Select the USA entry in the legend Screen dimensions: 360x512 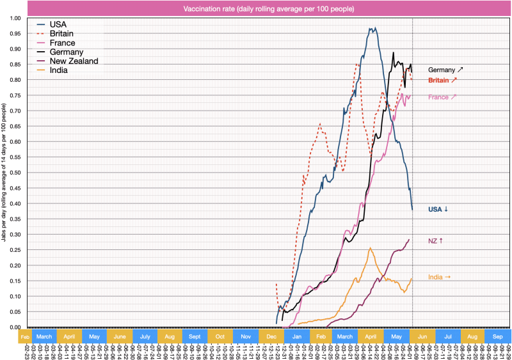coord(58,24)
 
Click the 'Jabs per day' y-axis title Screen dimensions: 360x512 coord(5,173)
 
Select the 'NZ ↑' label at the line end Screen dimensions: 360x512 coord(436,240)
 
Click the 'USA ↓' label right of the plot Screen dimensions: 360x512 coord(438,209)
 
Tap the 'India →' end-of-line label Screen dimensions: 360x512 coord(439,277)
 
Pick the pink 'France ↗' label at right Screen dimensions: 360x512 coord(442,97)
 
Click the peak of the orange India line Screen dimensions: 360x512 coord(370,248)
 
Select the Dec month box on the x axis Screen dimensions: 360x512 coord(271,336)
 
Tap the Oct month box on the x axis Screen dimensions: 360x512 coord(220,336)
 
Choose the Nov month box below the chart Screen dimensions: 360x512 coord(246,336)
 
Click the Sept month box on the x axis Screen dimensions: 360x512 coord(195,336)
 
